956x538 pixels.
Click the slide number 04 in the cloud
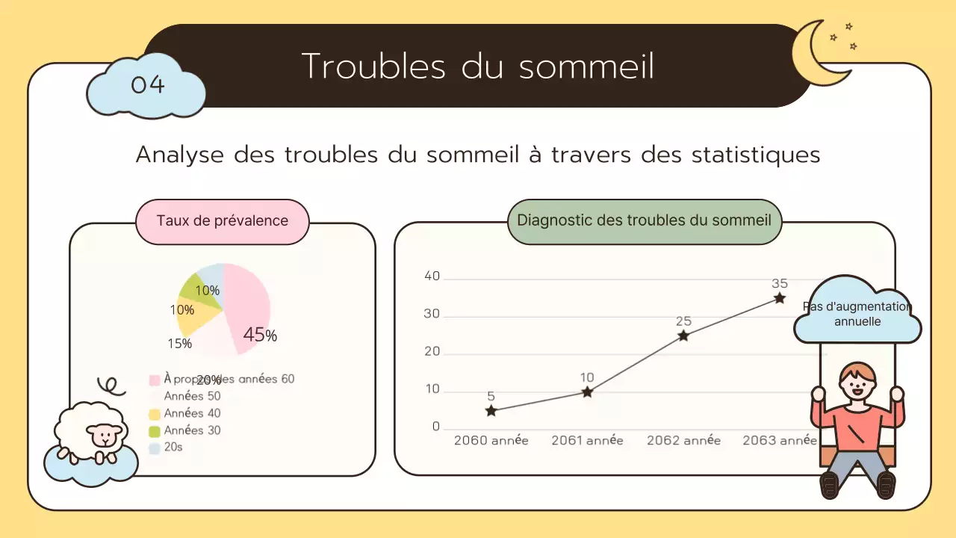point(147,84)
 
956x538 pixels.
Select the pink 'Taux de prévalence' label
point(222,221)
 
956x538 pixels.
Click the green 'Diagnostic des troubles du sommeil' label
point(644,221)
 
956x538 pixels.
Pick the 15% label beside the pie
point(179,344)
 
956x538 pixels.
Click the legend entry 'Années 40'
point(192,413)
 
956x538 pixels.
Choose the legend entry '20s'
point(173,447)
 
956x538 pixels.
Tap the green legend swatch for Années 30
point(155,431)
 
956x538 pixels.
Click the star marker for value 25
point(683,336)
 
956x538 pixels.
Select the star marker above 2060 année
point(491,411)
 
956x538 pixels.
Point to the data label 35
point(779,284)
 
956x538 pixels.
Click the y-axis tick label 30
point(432,314)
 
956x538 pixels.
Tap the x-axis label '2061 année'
point(587,441)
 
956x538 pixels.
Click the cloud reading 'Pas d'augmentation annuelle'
point(857,315)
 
